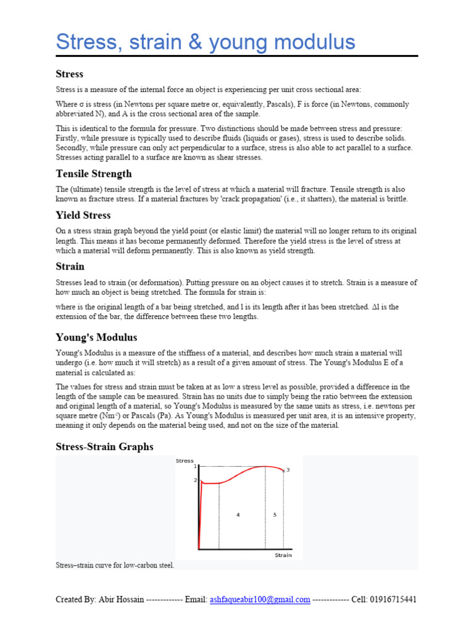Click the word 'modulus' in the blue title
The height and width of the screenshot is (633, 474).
(x=313, y=42)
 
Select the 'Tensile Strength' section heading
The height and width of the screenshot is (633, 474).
(x=94, y=174)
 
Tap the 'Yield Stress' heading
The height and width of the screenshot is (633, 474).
(x=83, y=215)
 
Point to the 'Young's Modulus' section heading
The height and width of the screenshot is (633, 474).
(x=96, y=338)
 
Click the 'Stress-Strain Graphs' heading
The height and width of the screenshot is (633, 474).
(x=104, y=446)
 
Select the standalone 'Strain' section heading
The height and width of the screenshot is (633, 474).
(x=70, y=266)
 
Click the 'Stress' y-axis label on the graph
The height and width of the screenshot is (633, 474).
(x=185, y=461)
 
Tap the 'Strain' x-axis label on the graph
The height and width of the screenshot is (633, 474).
(x=283, y=555)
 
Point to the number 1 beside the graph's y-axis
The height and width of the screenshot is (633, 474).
(x=195, y=467)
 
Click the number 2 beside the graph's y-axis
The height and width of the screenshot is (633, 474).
(x=195, y=480)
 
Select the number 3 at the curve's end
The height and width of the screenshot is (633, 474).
(x=288, y=470)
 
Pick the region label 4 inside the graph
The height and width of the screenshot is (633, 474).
(x=238, y=514)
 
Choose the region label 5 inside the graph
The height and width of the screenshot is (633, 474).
(x=275, y=514)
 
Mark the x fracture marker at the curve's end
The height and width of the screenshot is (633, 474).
(x=283, y=471)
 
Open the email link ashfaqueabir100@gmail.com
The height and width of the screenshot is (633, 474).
(x=260, y=600)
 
